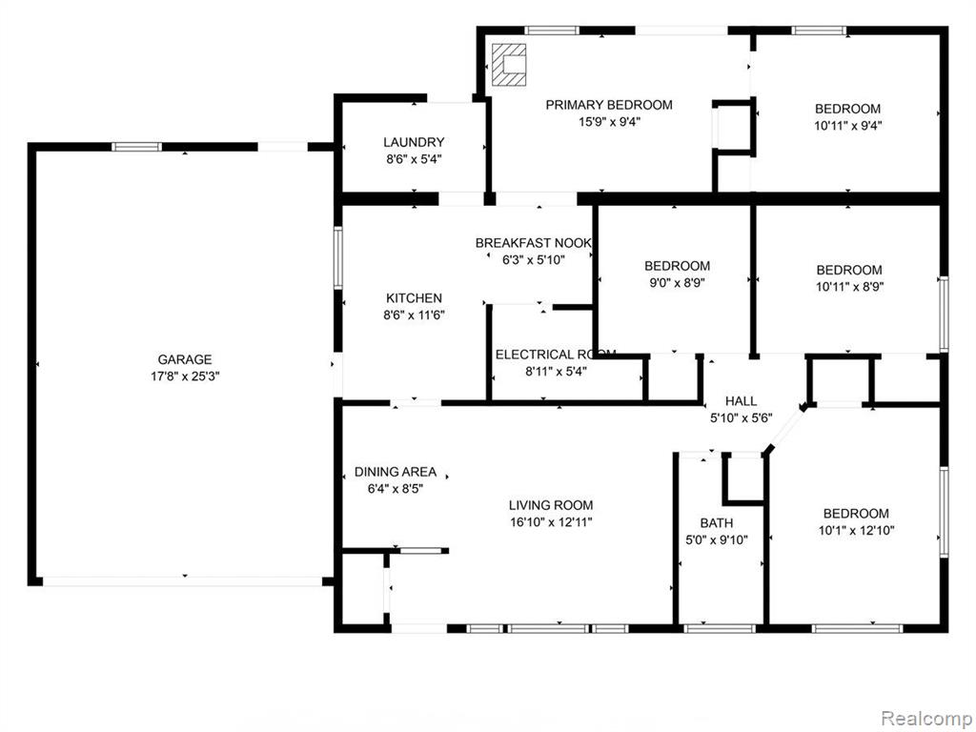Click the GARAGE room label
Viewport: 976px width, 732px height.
[184, 359]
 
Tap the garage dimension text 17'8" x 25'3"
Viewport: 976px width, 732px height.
[185, 376]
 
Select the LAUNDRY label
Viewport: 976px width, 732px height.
[414, 142]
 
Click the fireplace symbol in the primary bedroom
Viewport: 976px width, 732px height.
[509, 65]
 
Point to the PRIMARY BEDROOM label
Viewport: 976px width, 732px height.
[609, 105]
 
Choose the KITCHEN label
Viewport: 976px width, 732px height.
[414, 298]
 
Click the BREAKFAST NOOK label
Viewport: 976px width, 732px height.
[534, 243]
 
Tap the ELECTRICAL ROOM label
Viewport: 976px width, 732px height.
[556, 355]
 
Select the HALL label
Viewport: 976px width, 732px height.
[741, 401]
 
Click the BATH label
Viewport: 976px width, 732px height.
[717, 523]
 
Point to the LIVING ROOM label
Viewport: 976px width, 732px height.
[551, 505]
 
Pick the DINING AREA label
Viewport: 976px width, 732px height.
[396, 472]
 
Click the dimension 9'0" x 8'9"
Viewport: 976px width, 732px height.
[677, 282]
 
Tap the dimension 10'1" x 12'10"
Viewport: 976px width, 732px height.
[857, 530]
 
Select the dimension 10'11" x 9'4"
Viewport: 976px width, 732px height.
[847, 125]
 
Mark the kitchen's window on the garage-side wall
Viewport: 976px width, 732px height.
[338, 257]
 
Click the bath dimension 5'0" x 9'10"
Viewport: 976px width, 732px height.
[717, 539]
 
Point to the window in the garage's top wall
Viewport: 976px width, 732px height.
[136, 147]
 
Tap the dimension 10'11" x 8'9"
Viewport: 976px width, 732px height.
[849, 286]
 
